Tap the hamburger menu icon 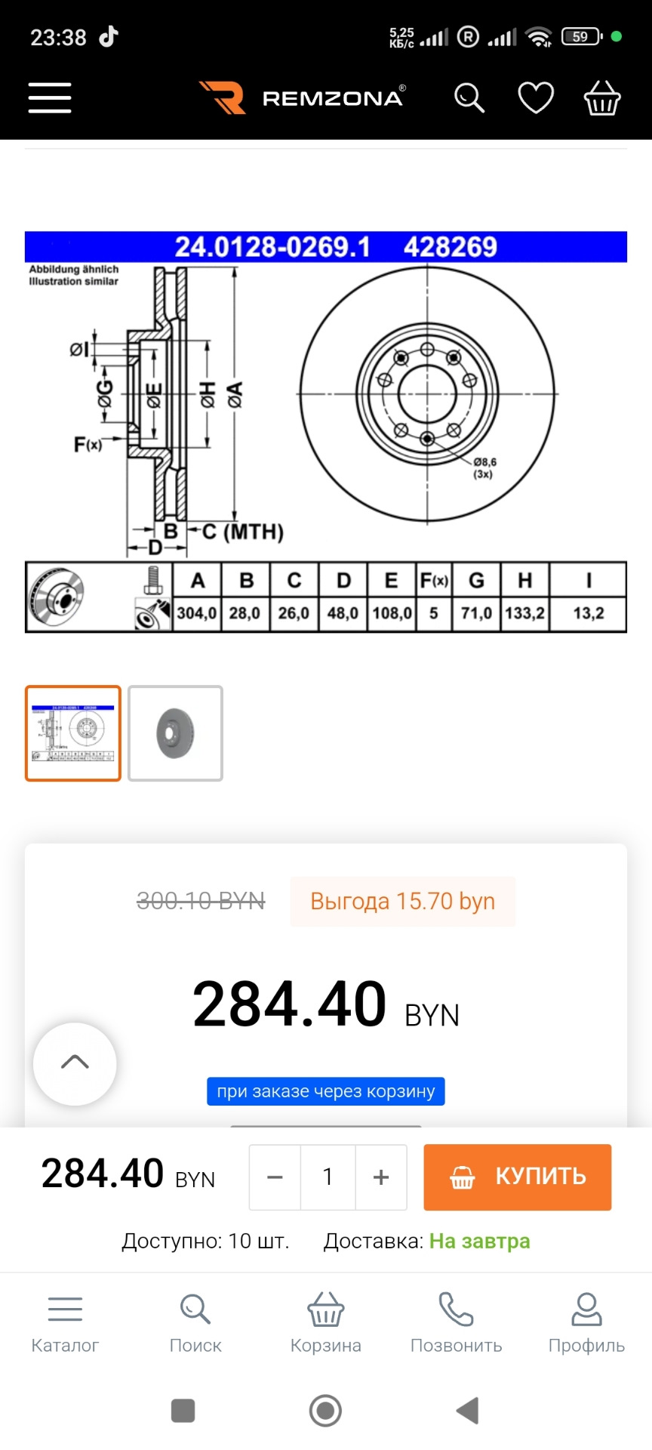[50, 98]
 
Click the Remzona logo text [332, 98]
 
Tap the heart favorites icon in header [536, 98]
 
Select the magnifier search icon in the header [469, 98]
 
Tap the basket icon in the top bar [602, 98]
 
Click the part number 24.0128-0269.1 [272, 247]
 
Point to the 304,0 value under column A [197, 613]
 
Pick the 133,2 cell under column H [524, 613]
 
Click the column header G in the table [476, 580]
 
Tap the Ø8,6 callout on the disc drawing [484, 463]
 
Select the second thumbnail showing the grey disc [175, 733]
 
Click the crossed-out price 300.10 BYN [201, 901]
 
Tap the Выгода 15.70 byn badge [402, 901]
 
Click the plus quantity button [381, 1177]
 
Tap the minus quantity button [275, 1177]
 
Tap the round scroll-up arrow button [75, 1063]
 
